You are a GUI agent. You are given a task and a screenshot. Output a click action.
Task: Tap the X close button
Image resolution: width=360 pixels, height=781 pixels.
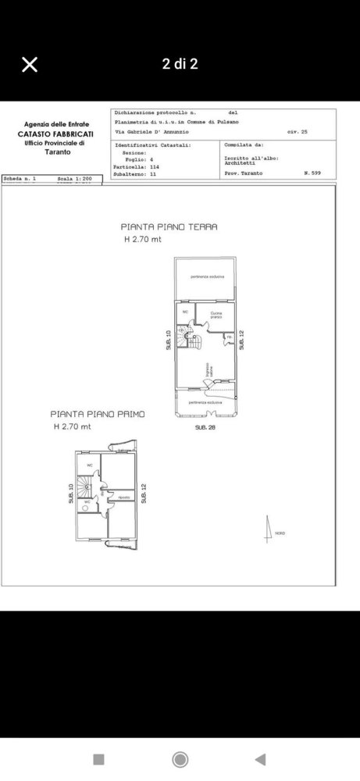click(29, 65)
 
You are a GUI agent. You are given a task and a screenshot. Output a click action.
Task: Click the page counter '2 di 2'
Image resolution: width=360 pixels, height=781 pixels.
click(180, 64)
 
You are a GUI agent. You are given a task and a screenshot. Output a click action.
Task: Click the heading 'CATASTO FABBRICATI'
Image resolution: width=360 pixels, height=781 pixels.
click(56, 134)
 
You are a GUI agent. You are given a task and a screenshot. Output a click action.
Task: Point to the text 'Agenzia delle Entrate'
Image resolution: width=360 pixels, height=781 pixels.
click(56, 125)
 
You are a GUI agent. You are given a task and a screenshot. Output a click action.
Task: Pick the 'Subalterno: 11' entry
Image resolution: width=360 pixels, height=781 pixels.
click(135, 173)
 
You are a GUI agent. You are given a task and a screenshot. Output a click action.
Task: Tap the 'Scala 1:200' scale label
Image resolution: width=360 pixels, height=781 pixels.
click(75, 179)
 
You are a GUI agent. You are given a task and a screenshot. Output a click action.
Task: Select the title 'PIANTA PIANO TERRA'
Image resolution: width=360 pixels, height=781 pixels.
click(169, 226)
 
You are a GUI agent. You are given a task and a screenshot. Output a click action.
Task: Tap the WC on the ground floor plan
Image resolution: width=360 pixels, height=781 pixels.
click(186, 312)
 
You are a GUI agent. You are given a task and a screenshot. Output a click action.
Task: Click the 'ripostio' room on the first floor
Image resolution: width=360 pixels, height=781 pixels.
click(123, 497)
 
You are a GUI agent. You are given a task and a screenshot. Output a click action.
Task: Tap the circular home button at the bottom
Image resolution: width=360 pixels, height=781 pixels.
click(180, 759)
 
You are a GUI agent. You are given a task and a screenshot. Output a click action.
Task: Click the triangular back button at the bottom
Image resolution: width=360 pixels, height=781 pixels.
click(260, 759)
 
